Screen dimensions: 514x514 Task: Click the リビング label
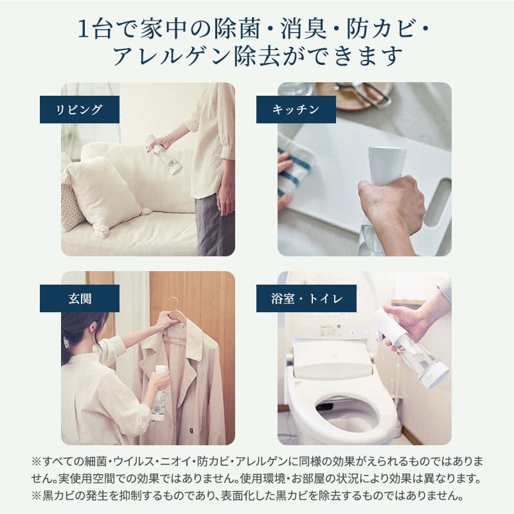tap(80, 110)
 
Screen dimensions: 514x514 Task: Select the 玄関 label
tap(80, 298)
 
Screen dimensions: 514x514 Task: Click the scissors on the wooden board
tap(364, 93)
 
